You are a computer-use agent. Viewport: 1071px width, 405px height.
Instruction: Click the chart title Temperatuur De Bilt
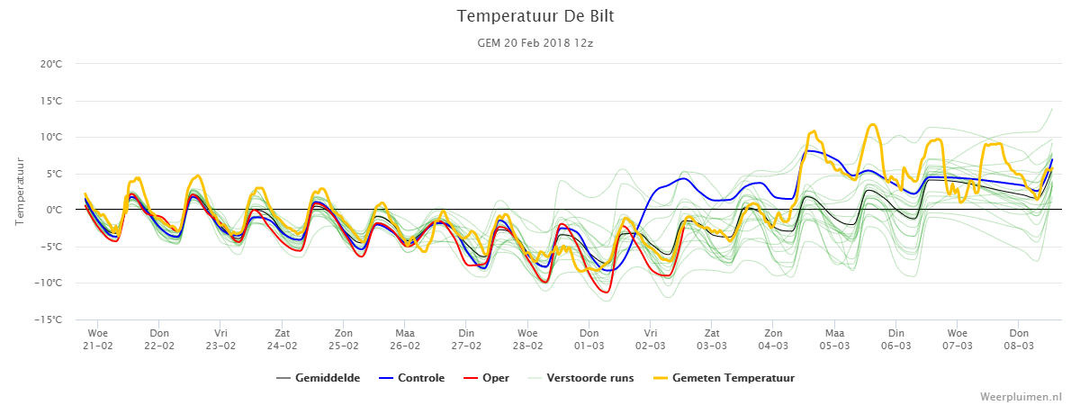(535, 15)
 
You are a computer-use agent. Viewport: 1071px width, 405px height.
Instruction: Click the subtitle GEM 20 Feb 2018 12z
(535, 42)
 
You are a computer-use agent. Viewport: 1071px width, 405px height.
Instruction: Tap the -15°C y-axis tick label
(52, 319)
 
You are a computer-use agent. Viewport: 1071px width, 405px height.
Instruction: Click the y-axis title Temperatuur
(21, 192)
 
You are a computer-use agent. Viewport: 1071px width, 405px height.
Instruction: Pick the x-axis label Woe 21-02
(98, 339)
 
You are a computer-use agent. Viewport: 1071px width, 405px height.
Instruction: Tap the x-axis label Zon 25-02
(344, 339)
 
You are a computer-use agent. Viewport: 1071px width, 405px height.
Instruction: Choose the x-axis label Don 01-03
(589, 339)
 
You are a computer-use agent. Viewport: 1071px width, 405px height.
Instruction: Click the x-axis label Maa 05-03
(834, 339)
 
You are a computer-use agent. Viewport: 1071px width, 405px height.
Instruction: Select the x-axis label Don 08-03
(1019, 339)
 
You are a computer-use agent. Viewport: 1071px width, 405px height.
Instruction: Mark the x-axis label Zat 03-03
(712, 339)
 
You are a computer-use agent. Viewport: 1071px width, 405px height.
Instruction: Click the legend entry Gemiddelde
(318, 378)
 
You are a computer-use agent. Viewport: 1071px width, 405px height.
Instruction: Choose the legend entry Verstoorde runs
(580, 378)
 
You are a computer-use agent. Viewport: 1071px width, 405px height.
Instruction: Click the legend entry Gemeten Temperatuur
(723, 378)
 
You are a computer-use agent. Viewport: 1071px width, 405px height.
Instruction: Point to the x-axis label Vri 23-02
(220, 339)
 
